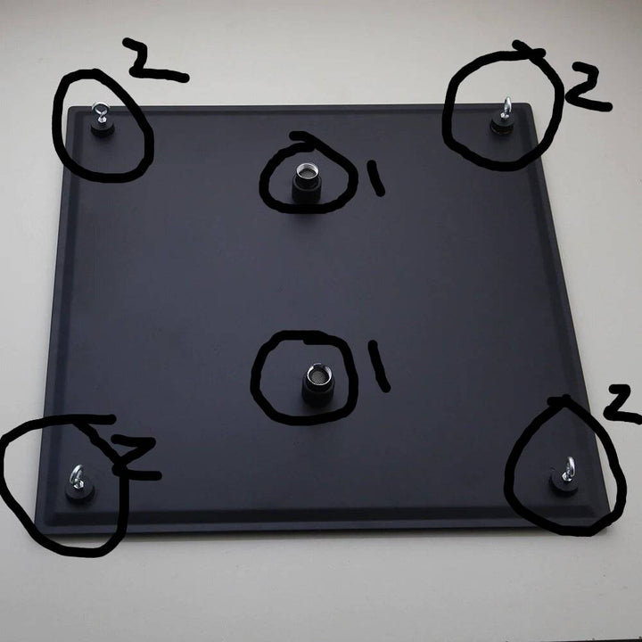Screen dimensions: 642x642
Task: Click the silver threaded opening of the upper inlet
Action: point(307,171)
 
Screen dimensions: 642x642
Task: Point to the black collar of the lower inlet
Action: point(318,391)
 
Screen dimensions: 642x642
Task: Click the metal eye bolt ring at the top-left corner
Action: point(100,110)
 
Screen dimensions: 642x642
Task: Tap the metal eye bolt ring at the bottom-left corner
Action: point(76,476)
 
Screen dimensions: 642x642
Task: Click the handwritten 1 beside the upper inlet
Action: point(375,177)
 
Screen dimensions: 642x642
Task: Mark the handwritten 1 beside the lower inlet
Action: point(379,366)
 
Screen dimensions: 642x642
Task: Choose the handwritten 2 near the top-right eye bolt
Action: point(588,86)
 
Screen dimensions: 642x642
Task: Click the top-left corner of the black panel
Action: point(70,107)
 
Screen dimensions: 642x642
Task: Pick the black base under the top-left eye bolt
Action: point(101,128)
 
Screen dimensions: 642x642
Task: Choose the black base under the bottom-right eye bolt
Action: point(564,486)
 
